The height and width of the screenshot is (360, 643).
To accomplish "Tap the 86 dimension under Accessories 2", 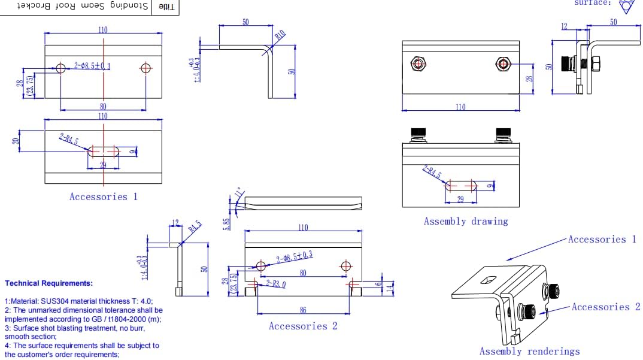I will point(303,309).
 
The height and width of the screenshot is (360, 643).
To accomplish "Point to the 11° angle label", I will point(239,192).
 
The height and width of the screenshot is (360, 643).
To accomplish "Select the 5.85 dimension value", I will point(227,223).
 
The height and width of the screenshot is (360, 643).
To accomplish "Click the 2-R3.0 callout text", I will point(276,284).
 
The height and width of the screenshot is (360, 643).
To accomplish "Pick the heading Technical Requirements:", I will point(49,283).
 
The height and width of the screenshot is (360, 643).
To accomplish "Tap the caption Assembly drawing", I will point(465,221).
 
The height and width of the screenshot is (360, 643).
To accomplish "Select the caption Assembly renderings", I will point(529,351).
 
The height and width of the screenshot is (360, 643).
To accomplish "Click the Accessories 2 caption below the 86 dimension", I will point(303,326).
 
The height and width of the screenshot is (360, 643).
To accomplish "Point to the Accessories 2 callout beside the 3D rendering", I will point(605,307).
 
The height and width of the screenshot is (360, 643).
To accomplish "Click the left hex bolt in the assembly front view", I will point(418,63).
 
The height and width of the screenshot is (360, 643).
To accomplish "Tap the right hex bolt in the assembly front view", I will point(504,63).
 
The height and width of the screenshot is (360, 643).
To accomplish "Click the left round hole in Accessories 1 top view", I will point(60,68).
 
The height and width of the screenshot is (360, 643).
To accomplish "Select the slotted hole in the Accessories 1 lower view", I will point(104,150).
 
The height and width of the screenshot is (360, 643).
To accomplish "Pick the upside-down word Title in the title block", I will point(167,7).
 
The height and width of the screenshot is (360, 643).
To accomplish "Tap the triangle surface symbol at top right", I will point(627,7).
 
